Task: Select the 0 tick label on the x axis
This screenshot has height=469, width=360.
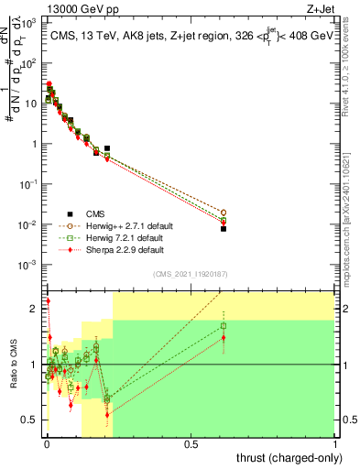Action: click(x=46, y=444)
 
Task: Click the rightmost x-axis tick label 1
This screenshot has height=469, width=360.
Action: click(x=335, y=444)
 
